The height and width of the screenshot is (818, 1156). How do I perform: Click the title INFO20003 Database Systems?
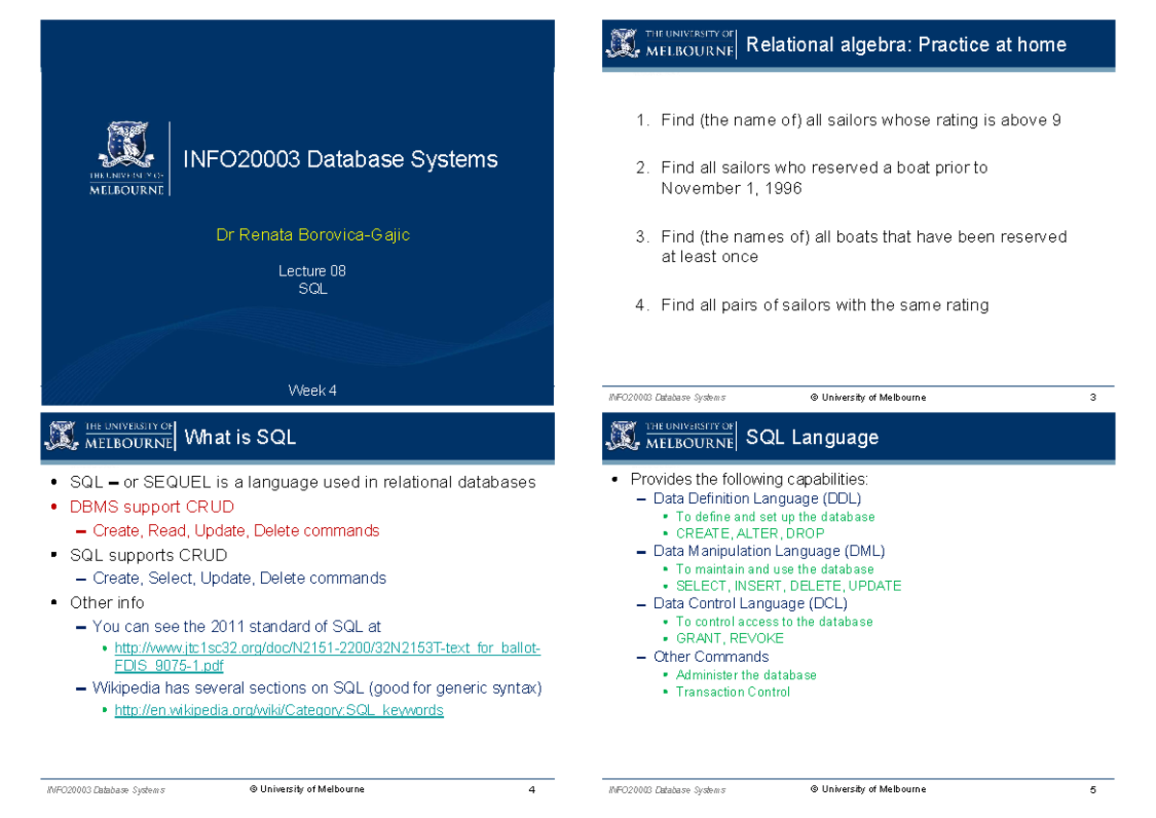pyautogui.click(x=340, y=160)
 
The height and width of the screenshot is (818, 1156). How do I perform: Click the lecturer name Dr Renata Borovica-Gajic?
pyautogui.click(x=313, y=235)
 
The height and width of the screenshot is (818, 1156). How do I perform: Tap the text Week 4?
pyautogui.click(x=312, y=390)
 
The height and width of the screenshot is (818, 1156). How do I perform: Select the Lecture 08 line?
pyautogui.click(x=312, y=271)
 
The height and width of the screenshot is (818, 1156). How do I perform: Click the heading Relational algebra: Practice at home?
pyautogui.click(x=906, y=44)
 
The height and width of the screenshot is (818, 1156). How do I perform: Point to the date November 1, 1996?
pyautogui.click(x=731, y=189)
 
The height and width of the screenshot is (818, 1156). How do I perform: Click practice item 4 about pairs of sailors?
pyautogui.click(x=824, y=305)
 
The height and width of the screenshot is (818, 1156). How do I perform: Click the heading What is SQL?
pyautogui.click(x=240, y=438)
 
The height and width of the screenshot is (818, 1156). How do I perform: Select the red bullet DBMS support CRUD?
pyautogui.click(x=151, y=507)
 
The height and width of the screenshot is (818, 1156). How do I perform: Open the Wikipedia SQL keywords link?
pyautogui.click(x=278, y=710)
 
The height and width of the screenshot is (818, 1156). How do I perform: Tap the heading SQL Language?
pyautogui.click(x=812, y=437)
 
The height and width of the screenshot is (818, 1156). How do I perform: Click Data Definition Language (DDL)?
pyautogui.click(x=756, y=498)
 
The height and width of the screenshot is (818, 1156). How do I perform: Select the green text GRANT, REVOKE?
pyautogui.click(x=729, y=638)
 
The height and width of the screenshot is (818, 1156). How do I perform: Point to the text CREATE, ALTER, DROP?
pyautogui.click(x=749, y=533)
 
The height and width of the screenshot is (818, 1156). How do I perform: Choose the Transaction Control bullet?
pyautogui.click(x=732, y=692)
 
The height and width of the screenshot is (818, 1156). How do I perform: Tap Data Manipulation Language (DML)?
pyautogui.click(x=768, y=551)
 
